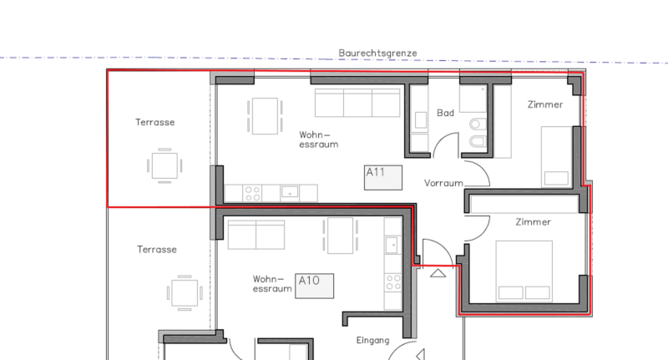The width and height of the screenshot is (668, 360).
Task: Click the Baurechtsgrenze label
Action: coord(377,53)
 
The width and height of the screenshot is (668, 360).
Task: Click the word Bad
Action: coord(445,113)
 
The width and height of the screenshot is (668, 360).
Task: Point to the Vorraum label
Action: coord(443,183)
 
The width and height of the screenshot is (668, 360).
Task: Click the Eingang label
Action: coord(372,341)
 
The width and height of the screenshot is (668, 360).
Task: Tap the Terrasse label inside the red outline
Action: coord(155,122)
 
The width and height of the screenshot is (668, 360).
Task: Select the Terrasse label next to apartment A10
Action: coord(157,250)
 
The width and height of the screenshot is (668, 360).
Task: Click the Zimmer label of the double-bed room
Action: coord(533,222)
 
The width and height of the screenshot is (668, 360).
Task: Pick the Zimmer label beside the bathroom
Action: coord(545,104)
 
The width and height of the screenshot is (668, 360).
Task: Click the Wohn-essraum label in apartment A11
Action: coord(319,139)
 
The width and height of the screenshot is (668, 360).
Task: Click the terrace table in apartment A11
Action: coord(164,165)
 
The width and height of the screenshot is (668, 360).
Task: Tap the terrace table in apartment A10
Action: coord(185,292)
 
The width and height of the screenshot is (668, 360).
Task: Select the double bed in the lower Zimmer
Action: coord(524,271)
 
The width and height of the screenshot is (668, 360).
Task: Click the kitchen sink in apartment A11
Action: coord(290,193)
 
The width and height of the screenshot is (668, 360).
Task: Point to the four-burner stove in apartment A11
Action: coord(252,193)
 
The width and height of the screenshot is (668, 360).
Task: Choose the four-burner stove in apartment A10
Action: coord(392,282)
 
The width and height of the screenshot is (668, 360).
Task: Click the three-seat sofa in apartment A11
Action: coord(357,103)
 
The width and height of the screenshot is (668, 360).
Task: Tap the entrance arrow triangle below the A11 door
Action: coord(438,273)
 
